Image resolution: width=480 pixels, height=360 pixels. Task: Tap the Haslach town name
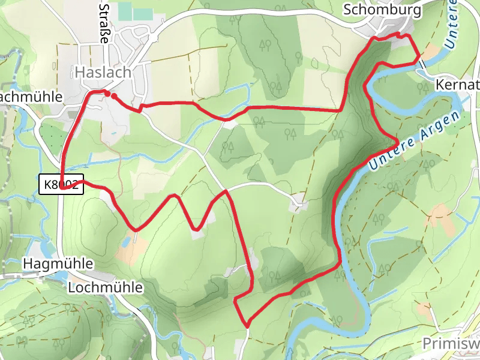tap(103, 72)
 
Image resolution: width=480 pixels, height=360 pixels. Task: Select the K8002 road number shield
tap(61, 185)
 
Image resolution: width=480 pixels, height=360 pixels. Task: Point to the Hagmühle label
tap(58, 263)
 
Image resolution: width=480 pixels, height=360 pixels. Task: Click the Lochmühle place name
tap(106, 287)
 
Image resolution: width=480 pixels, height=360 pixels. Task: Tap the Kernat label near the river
tap(458, 84)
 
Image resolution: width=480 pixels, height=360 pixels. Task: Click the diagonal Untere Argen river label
tap(418, 140)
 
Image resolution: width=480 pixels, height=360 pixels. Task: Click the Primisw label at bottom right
tap(451, 343)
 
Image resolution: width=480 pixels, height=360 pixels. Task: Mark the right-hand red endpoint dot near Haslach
tap(113, 95)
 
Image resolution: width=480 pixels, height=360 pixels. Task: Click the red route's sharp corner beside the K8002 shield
tap(62, 188)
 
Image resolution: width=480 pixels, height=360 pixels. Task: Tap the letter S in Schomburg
tap(347, 10)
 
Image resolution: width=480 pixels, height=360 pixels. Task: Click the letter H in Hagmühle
tap(27, 263)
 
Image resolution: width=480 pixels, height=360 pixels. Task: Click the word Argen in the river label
tap(442, 126)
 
